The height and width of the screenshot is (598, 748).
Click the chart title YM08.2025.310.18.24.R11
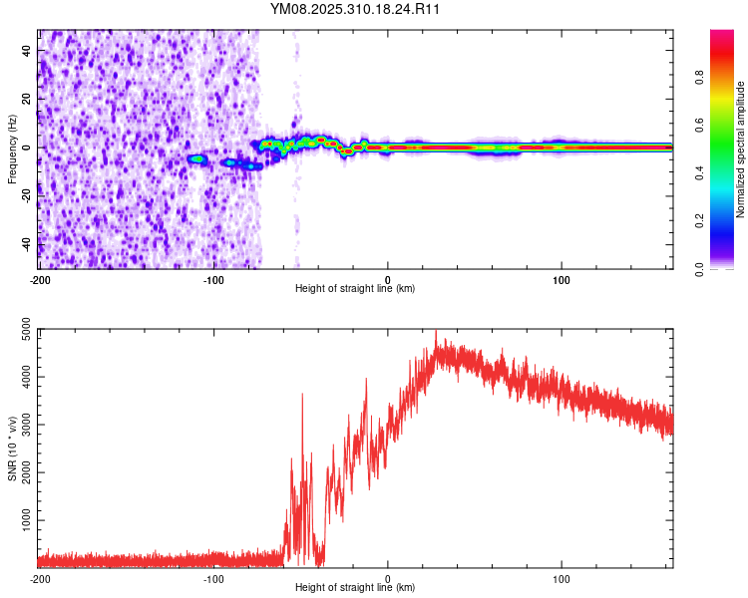point(355,9)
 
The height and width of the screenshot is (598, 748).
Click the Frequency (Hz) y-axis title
point(12,149)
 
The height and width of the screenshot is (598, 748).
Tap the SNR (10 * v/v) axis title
point(12,448)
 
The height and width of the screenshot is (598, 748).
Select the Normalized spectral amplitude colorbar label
point(741,149)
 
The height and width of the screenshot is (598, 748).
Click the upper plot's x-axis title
point(355,288)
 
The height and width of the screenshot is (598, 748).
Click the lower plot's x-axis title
point(355,587)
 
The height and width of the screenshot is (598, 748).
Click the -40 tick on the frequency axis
point(26,244)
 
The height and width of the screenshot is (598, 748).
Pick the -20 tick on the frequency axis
point(26,196)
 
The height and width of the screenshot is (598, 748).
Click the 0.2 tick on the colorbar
point(700,221)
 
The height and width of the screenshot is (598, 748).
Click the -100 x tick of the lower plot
point(213,578)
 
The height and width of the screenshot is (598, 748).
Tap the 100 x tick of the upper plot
point(562,279)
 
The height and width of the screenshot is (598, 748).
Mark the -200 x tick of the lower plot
point(40,578)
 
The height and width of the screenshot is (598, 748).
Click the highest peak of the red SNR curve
point(435,332)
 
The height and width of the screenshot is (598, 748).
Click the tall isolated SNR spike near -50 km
point(302,395)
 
